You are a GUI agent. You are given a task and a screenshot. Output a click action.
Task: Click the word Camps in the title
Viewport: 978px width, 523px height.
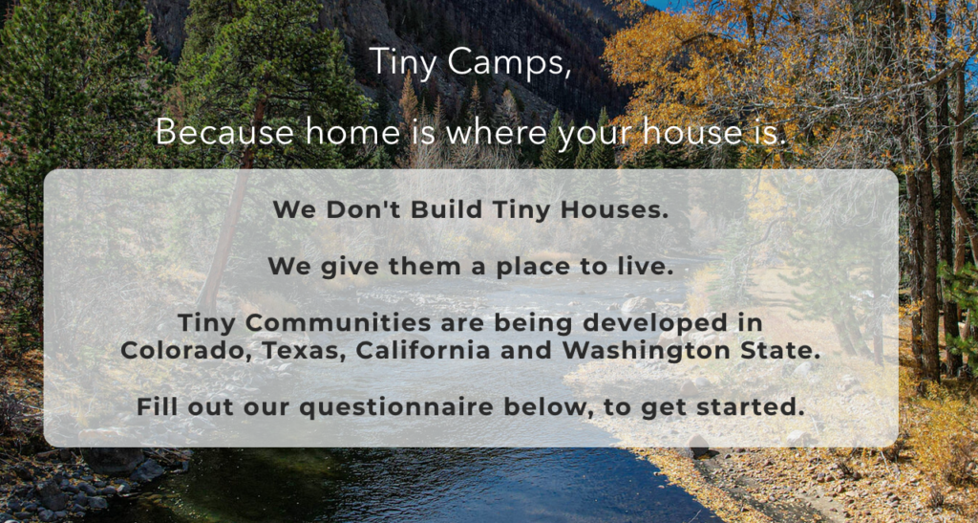[x=508, y=63]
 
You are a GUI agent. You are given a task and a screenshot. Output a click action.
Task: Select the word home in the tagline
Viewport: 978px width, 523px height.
[x=352, y=132]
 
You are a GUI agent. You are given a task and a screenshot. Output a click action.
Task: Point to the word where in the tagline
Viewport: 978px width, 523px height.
[x=496, y=132]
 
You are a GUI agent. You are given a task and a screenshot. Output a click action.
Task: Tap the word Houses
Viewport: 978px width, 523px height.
[x=614, y=209]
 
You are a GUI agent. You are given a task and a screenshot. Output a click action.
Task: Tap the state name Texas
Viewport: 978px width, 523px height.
[x=304, y=351]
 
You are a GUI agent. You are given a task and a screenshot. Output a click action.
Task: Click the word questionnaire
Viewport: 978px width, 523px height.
[x=396, y=408]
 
